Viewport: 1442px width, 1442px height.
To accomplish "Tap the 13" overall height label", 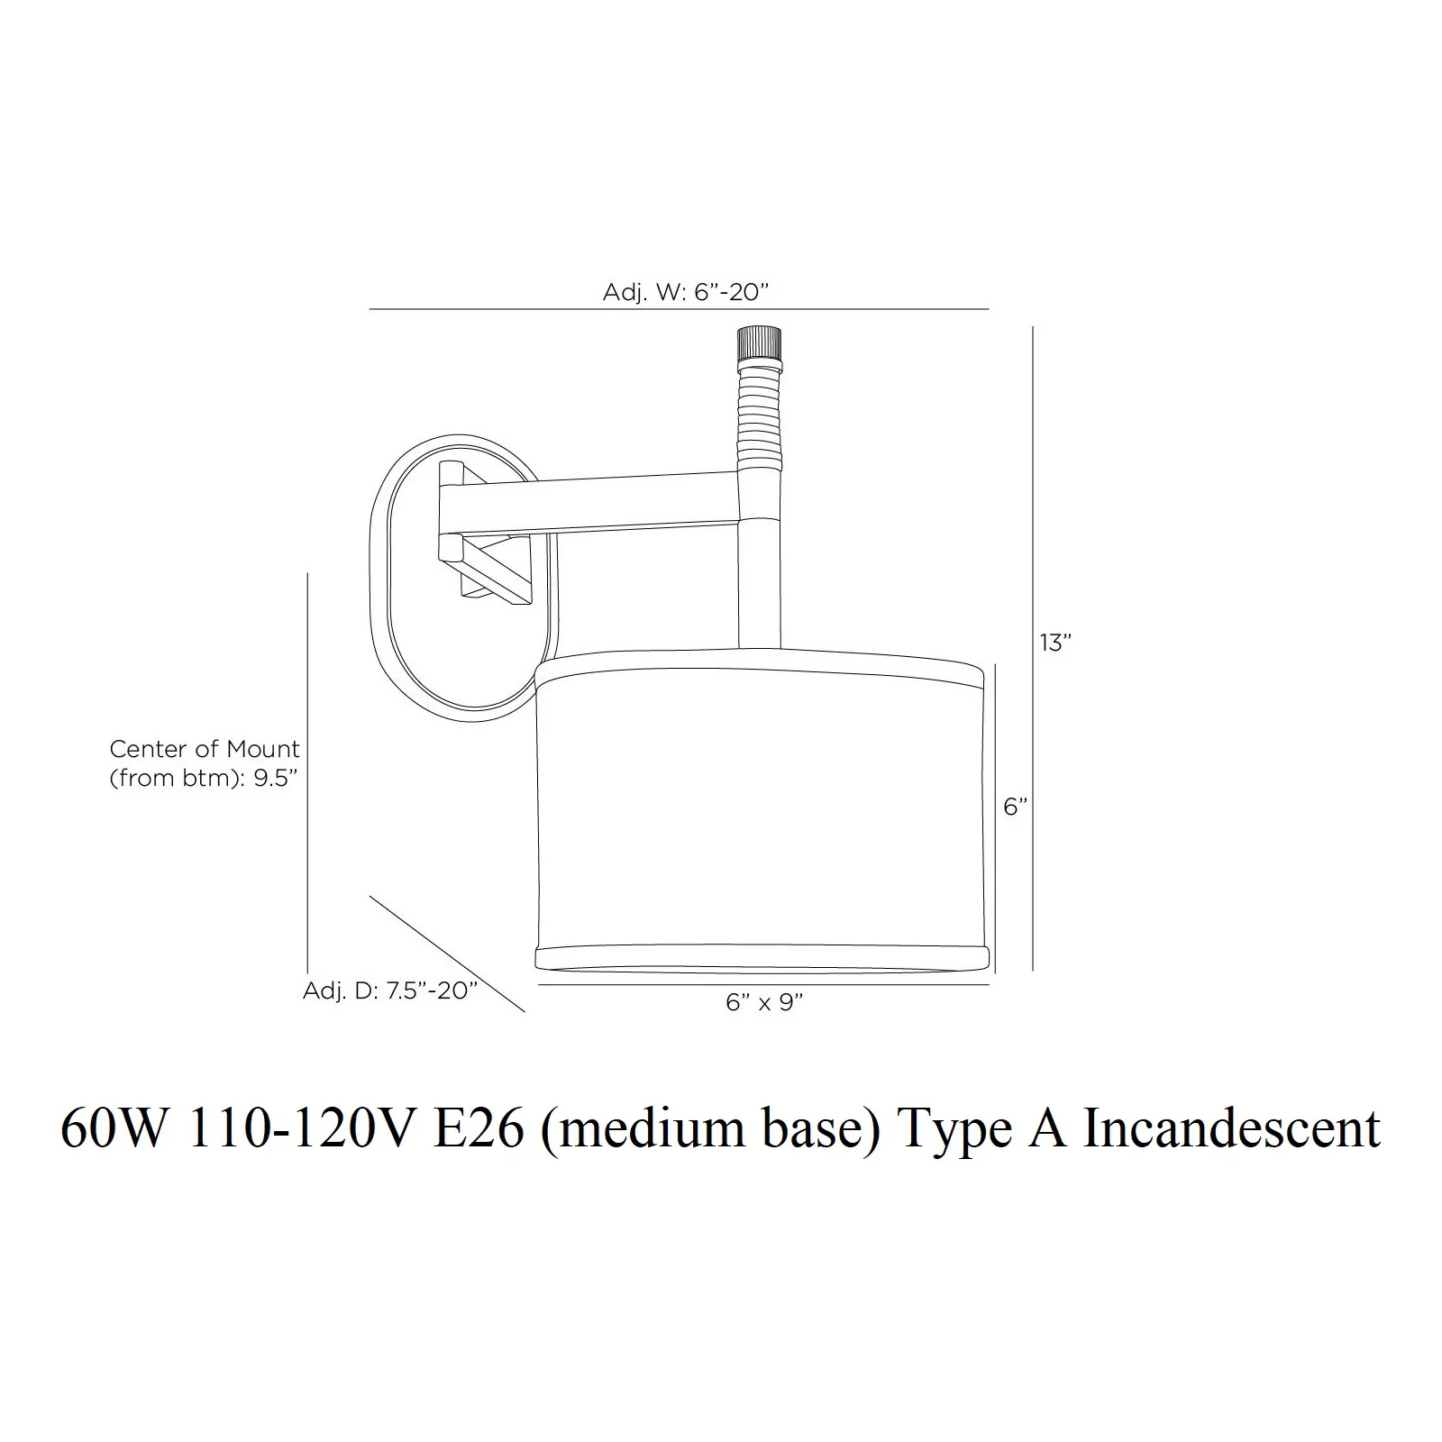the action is coord(1055,643).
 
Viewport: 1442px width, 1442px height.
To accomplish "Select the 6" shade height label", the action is coord(1016,807).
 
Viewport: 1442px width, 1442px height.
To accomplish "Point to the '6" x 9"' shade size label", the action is coord(764,1002).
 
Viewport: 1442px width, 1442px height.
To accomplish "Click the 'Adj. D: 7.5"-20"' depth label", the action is coord(389,990).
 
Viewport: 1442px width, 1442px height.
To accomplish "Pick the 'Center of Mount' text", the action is coord(205,749).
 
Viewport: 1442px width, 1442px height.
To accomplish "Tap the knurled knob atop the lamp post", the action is coord(759,343).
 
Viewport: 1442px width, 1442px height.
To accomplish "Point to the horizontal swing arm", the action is coord(595,503).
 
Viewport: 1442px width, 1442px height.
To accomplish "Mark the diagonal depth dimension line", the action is coord(447,954).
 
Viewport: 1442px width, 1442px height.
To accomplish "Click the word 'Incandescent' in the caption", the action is coord(1231,1128).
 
